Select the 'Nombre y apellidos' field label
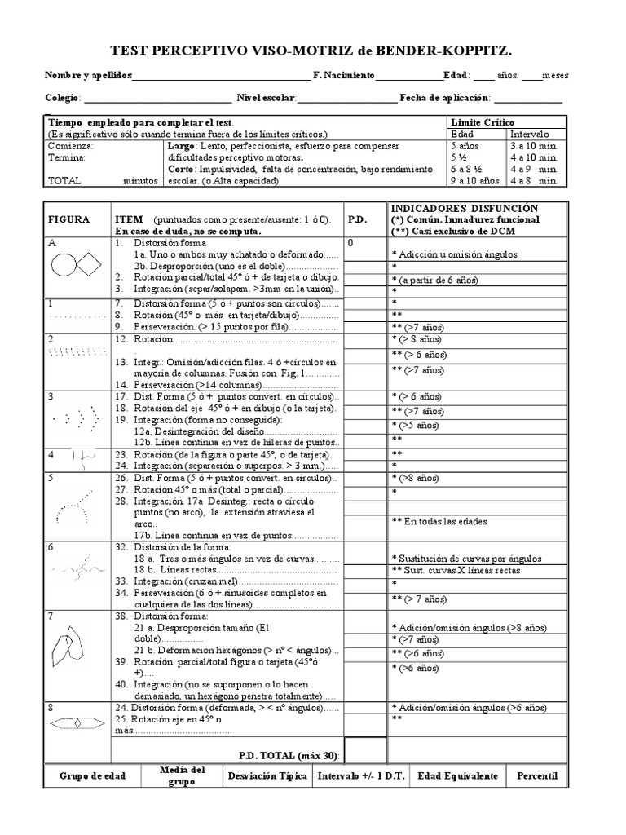pyautogui.click(x=87, y=76)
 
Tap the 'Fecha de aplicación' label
pyautogui.click(x=443, y=99)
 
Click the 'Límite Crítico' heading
pyautogui.click(x=483, y=121)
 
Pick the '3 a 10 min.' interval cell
pyautogui.click(x=534, y=145)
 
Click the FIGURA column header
pyautogui.click(x=68, y=219)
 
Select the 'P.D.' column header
pyautogui.click(x=359, y=219)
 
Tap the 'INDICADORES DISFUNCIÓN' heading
pyautogui.click(x=463, y=208)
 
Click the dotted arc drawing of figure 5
pyautogui.click(x=73, y=509)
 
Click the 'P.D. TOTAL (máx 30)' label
pyautogui.click(x=289, y=756)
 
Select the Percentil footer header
pyautogui.click(x=537, y=775)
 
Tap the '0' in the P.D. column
pyautogui.click(x=351, y=242)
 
